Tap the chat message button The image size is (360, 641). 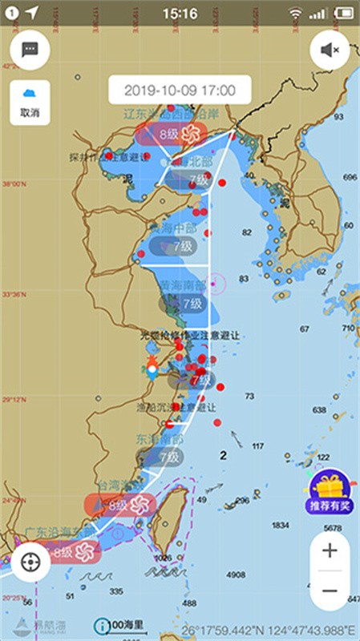pos(30,50)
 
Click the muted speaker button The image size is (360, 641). pos(330,50)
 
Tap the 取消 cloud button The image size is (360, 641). pos(30,102)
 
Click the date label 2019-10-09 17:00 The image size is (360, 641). pos(180,91)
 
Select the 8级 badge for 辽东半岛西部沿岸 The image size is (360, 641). pos(170,134)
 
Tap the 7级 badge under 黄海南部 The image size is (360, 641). pos(184,304)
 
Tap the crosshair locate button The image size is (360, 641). pos(30,562)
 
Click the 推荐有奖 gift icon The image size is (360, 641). pos(330,490)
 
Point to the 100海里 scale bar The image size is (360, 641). pos(121,625)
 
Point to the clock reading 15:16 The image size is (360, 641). pos(180,13)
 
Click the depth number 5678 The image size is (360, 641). pos(331,528)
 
